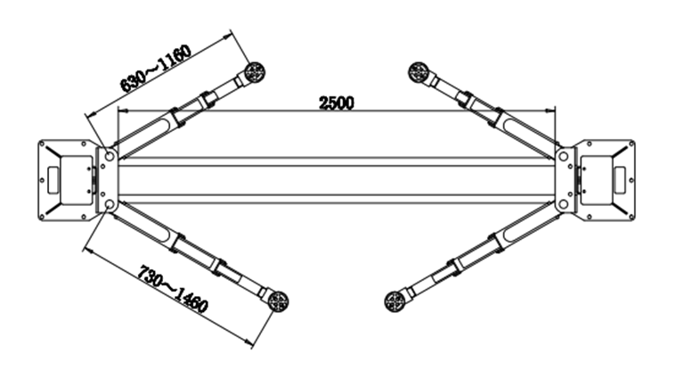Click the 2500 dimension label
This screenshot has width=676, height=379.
click(337, 103)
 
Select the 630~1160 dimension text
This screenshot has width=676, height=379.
click(155, 68)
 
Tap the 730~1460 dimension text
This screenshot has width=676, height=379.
click(173, 288)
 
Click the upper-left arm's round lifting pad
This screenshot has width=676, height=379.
click(255, 71)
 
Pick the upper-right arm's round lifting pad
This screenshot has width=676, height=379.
click(419, 71)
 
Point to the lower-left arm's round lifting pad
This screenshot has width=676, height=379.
click(278, 301)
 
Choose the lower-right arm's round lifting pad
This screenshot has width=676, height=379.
click(395, 301)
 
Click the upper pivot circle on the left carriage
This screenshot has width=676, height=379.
click(109, 154)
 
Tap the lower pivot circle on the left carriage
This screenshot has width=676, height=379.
click(109, 203)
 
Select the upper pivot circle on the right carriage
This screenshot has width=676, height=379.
click(564, 156)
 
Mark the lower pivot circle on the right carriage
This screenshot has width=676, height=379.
click(564, 203)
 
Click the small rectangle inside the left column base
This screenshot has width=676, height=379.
click(53, 179)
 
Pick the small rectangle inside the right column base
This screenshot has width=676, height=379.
click(621, 179)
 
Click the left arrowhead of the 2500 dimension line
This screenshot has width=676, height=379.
click(122, 111)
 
